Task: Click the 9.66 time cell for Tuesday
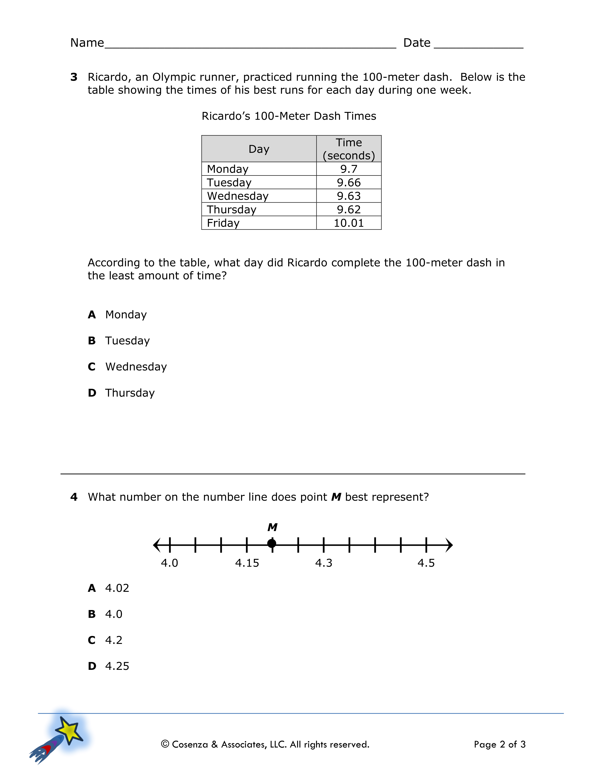[x=348, y=182]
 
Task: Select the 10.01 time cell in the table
[x=348, y=223]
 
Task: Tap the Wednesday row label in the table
[x=238, y=196]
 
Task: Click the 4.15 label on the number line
[x=247, y=563]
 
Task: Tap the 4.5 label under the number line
[x=426, y=563]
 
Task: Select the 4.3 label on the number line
[x=324, y=563]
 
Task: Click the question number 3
[x=74, y=77]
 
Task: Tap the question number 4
[x=74, y=497]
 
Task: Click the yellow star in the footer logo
[x=70, y=730]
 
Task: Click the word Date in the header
[x=417, y=43]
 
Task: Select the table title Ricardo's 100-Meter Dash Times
[x=289, y=116]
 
